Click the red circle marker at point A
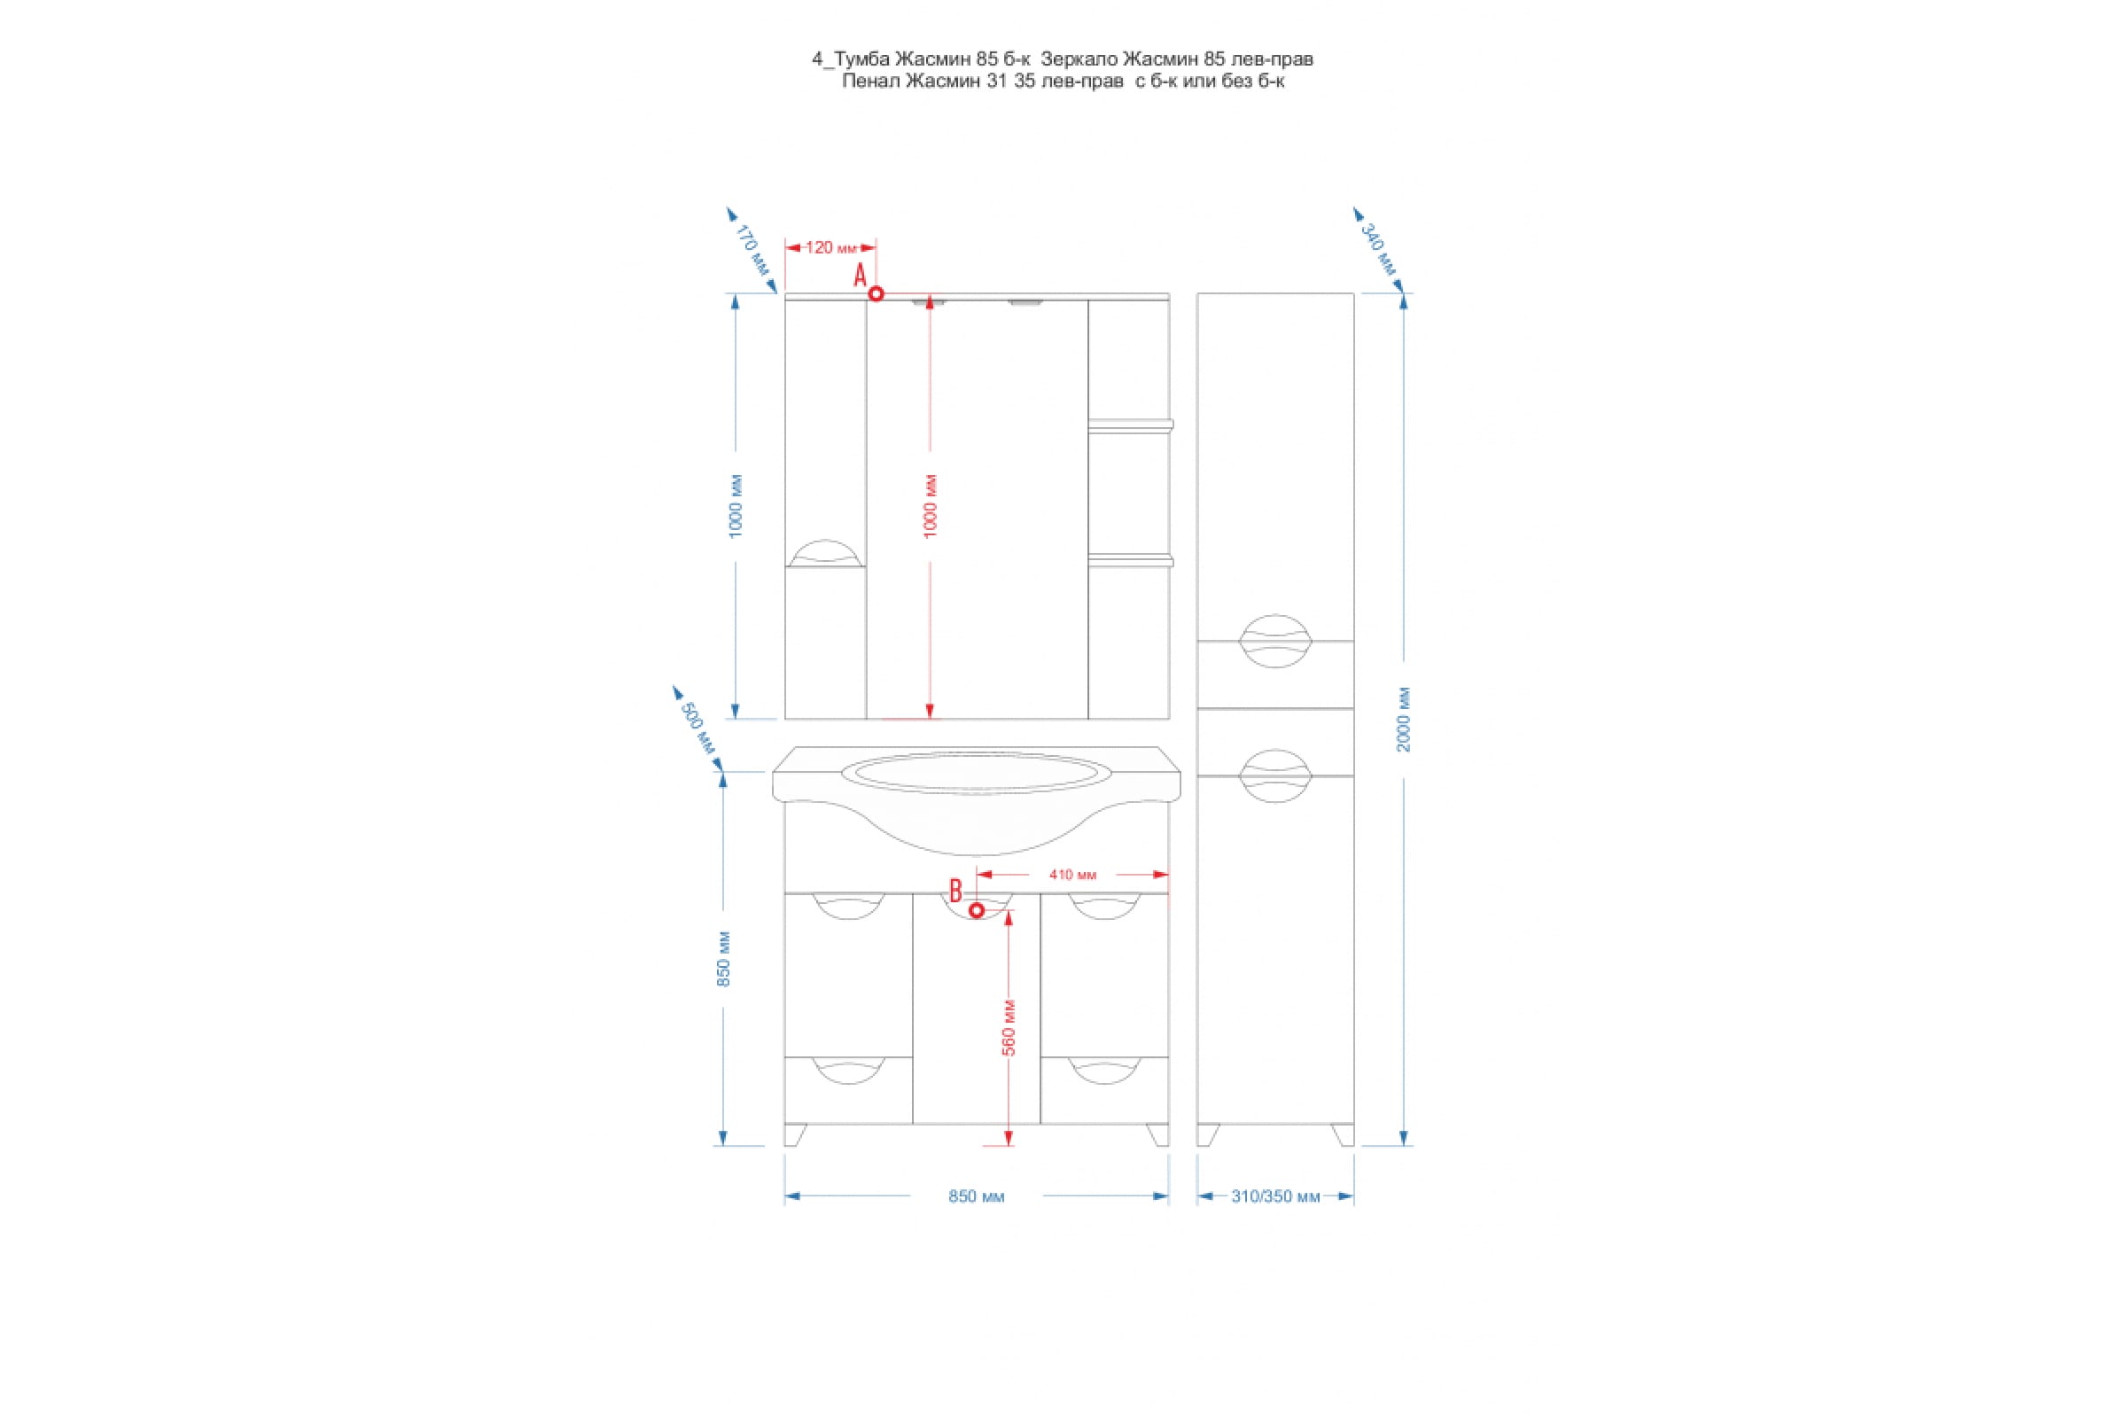pos(877,294)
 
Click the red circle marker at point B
pos(977,910)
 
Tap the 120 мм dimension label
pos(830,247)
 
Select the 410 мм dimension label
pos(1072,875)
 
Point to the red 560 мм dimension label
pos(1010,1027)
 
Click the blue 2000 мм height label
pos(1404,720)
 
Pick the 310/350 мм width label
pos(1276,1197)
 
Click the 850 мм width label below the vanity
pos(977,1196)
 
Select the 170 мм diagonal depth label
pos(752,250)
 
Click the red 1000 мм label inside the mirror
pos(931,506)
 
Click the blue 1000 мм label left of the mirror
pos(736,506)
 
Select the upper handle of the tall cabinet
pos(1275,641)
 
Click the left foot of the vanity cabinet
pos(796,1135)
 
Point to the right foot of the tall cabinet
pos(1343,1135)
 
